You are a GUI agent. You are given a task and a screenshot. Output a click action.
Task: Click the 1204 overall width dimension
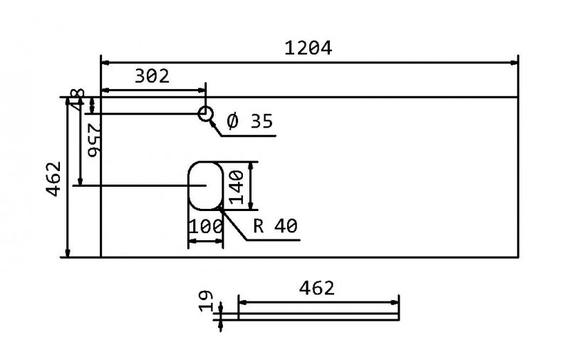tap(308, 48)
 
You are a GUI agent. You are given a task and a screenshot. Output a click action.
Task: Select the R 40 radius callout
tap(275, 226)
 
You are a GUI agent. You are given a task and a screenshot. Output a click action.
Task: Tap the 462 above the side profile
tap(317, 288)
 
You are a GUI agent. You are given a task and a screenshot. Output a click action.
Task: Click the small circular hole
tap(205, 113)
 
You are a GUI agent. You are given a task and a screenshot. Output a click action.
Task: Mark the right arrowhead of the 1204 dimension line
tap(513, 63)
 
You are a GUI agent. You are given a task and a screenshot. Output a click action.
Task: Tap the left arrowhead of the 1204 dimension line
tap(106, 63)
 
